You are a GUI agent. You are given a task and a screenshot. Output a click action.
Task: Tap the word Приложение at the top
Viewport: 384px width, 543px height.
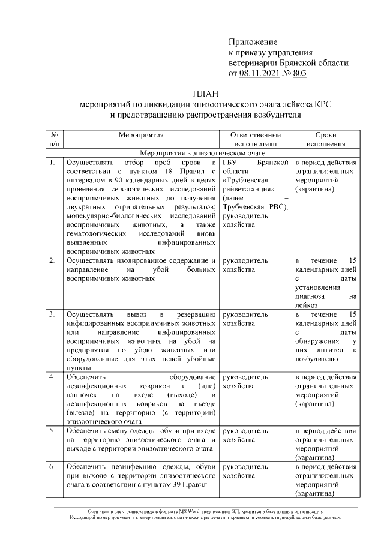pyautogui.click(x=253, y=42)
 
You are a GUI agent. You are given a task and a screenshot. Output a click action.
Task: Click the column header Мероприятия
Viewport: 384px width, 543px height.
pyautogui.click(x=141, y=136)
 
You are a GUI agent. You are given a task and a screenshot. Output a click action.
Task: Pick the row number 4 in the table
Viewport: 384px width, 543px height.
pyautogui.click(x=53, y=377)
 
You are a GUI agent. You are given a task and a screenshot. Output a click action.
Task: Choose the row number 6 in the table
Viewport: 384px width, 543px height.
pyautogui.click(x=53, y=466)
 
